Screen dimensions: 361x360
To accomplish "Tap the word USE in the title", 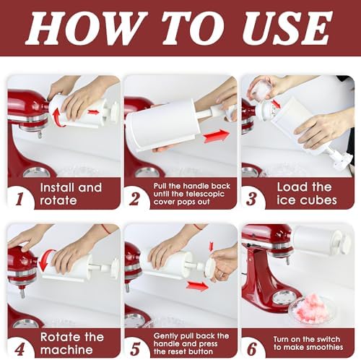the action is point(287,27).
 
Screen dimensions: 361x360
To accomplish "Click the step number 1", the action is point(20,199).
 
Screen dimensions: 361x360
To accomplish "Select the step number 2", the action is point(134,199).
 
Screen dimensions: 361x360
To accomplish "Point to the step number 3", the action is point(251,199).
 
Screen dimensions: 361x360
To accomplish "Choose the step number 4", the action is point(19,348).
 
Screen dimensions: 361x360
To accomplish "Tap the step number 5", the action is point(135,348).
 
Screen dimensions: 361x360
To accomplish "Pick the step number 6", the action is point(252,348).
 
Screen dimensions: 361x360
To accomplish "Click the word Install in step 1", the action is point(57,187).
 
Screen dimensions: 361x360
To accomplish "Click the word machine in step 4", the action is point(66,350).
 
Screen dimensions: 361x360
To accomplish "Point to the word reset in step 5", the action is point(179,351).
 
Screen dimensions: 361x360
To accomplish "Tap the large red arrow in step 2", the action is point(216,136).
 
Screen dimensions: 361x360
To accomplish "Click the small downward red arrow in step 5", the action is point(212,247).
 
